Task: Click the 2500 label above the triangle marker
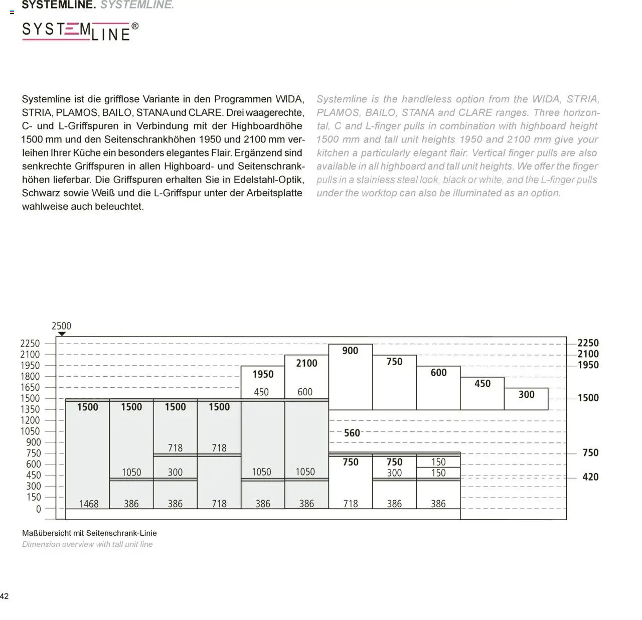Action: click(61, 326)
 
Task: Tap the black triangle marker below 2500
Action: click(61, 334)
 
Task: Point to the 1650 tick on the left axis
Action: click(30, 387)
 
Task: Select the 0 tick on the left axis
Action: click(38, 509)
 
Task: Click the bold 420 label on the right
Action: click(590, 477)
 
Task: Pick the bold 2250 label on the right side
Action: click(588, 343)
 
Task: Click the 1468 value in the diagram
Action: click(89, 504)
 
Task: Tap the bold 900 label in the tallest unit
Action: click(350, 351)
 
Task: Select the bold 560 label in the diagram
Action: click(352, 433)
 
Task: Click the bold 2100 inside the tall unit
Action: click(306, 363)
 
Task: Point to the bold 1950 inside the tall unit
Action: click(263, 374)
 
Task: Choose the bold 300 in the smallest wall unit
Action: click(526, 395)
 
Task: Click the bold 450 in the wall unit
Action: click(482, 384)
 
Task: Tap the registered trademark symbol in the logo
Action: click(135, 26)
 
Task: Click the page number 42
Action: click(5, 596)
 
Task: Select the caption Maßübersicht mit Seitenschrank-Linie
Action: click(89, 533)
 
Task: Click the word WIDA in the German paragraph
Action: click(289, 99)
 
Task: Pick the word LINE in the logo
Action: click(111, 35)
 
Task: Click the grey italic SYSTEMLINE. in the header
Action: click(137, 5)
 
